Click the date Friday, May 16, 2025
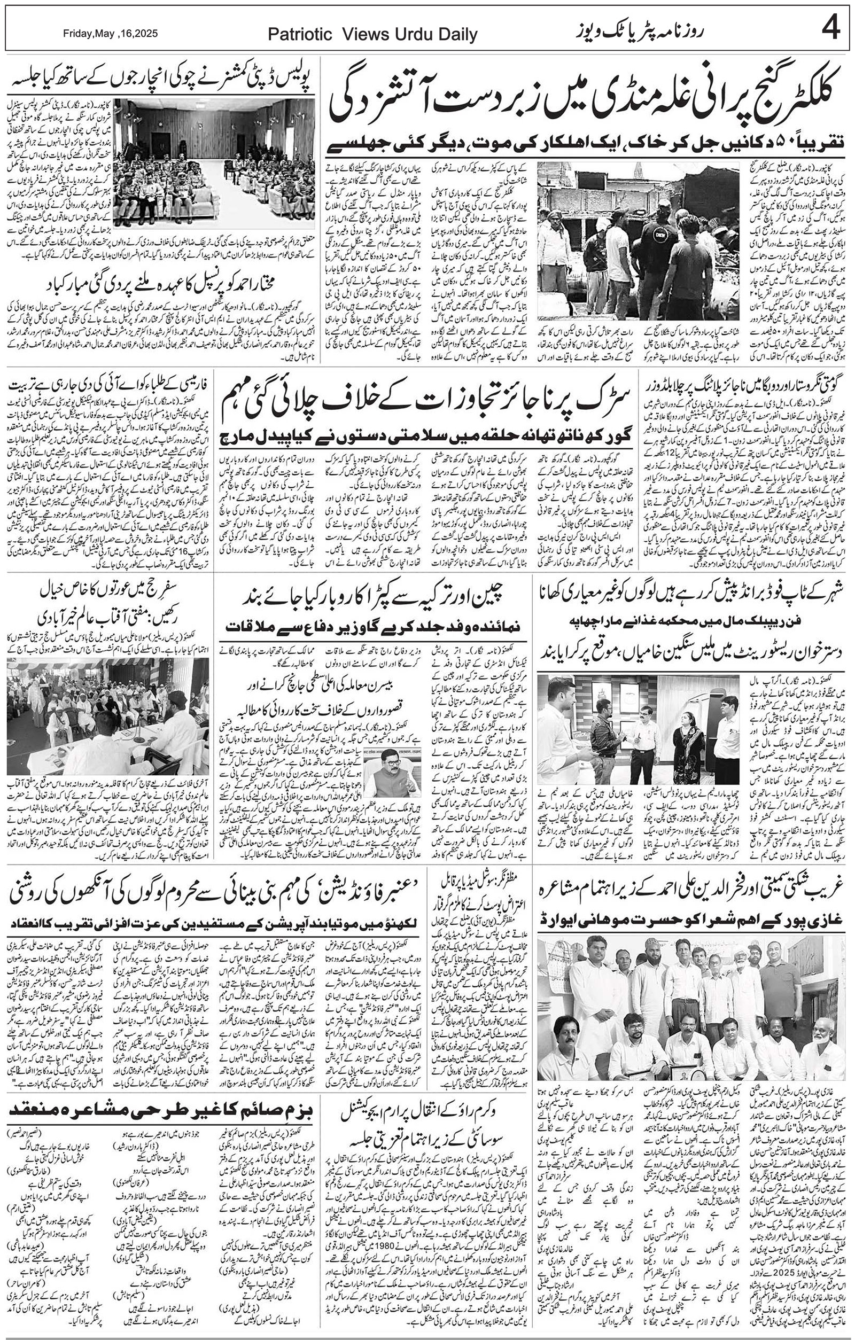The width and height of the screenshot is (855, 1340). (110, 33)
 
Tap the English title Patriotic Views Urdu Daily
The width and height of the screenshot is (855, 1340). (372, 35)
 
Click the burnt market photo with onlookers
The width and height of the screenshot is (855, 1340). (638, 240)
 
